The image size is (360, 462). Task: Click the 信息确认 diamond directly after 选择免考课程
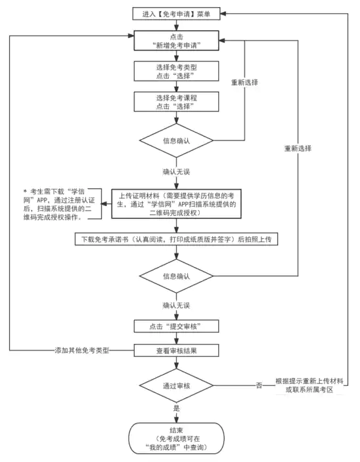tap(176, 140)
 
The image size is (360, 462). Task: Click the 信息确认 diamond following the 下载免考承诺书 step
tap(176, 276)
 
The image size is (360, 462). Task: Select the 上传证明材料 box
tap(176, 204)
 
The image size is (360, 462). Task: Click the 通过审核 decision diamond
tap(176, 385)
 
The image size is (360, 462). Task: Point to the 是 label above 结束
tap(176, 408)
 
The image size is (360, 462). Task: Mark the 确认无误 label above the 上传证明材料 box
tap(176, 172)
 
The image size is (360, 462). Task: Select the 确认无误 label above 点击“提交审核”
tap(176, 305)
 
